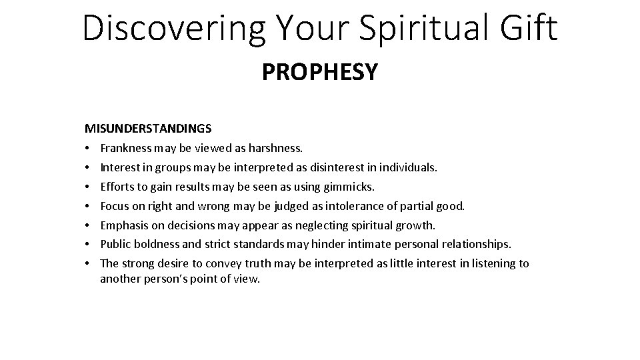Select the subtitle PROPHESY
pyautogui.click(x=319, y=72)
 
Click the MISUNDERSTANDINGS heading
pyautogui.click(x=148, y=127)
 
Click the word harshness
pyautogui.click(x=275, y=147)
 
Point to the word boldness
pyautogui.click(x=156, y=245)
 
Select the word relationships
pyautogui.click(x=478, y=245)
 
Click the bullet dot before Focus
pyautogui.click(x=88, y=206)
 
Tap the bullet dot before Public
pyautogui.click(x=88, y=245)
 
